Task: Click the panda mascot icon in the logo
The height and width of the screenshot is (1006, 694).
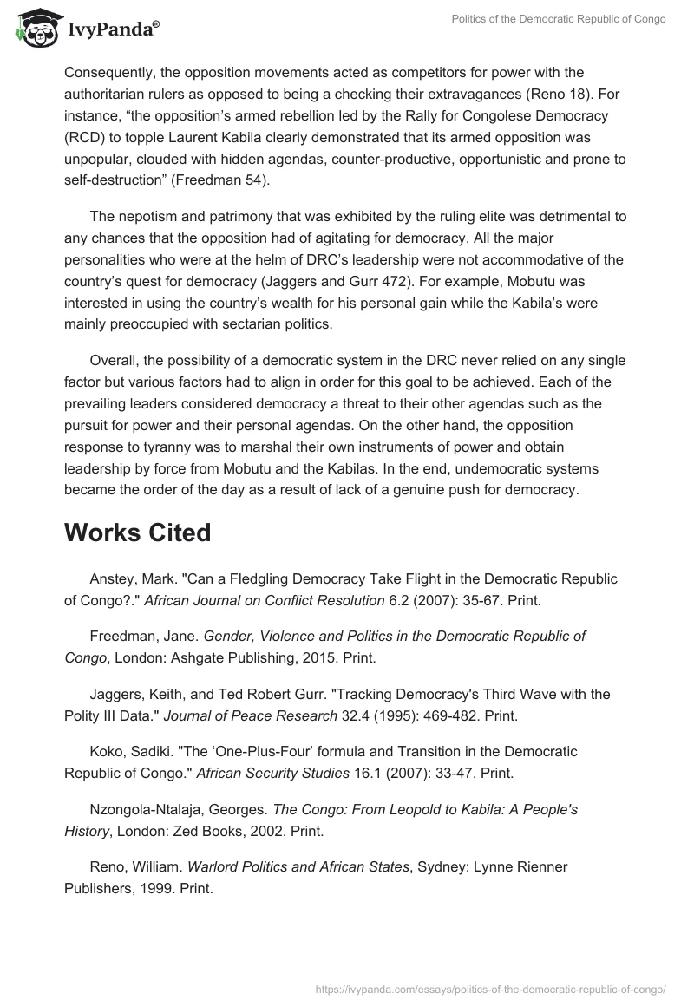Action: [33, 29]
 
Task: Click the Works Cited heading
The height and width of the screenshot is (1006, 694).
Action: [137, 532]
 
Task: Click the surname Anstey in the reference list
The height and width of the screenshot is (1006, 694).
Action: [112, 578]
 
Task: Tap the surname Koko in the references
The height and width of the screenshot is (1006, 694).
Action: [106, 751]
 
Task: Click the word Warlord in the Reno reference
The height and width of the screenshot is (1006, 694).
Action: [213, 866]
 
